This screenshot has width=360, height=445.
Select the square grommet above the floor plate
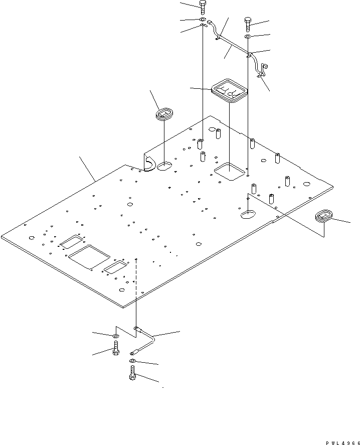point(229,90)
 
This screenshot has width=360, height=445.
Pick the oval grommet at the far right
point(324,217)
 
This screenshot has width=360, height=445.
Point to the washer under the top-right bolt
point(249,38)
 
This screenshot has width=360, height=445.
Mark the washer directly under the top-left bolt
point(202,21)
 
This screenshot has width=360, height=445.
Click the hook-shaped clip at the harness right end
point(261,69)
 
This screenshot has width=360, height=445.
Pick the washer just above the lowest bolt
point(132,361)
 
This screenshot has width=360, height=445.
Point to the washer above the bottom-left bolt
point(115,336)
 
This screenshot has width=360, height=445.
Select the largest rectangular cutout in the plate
point(88,257)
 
